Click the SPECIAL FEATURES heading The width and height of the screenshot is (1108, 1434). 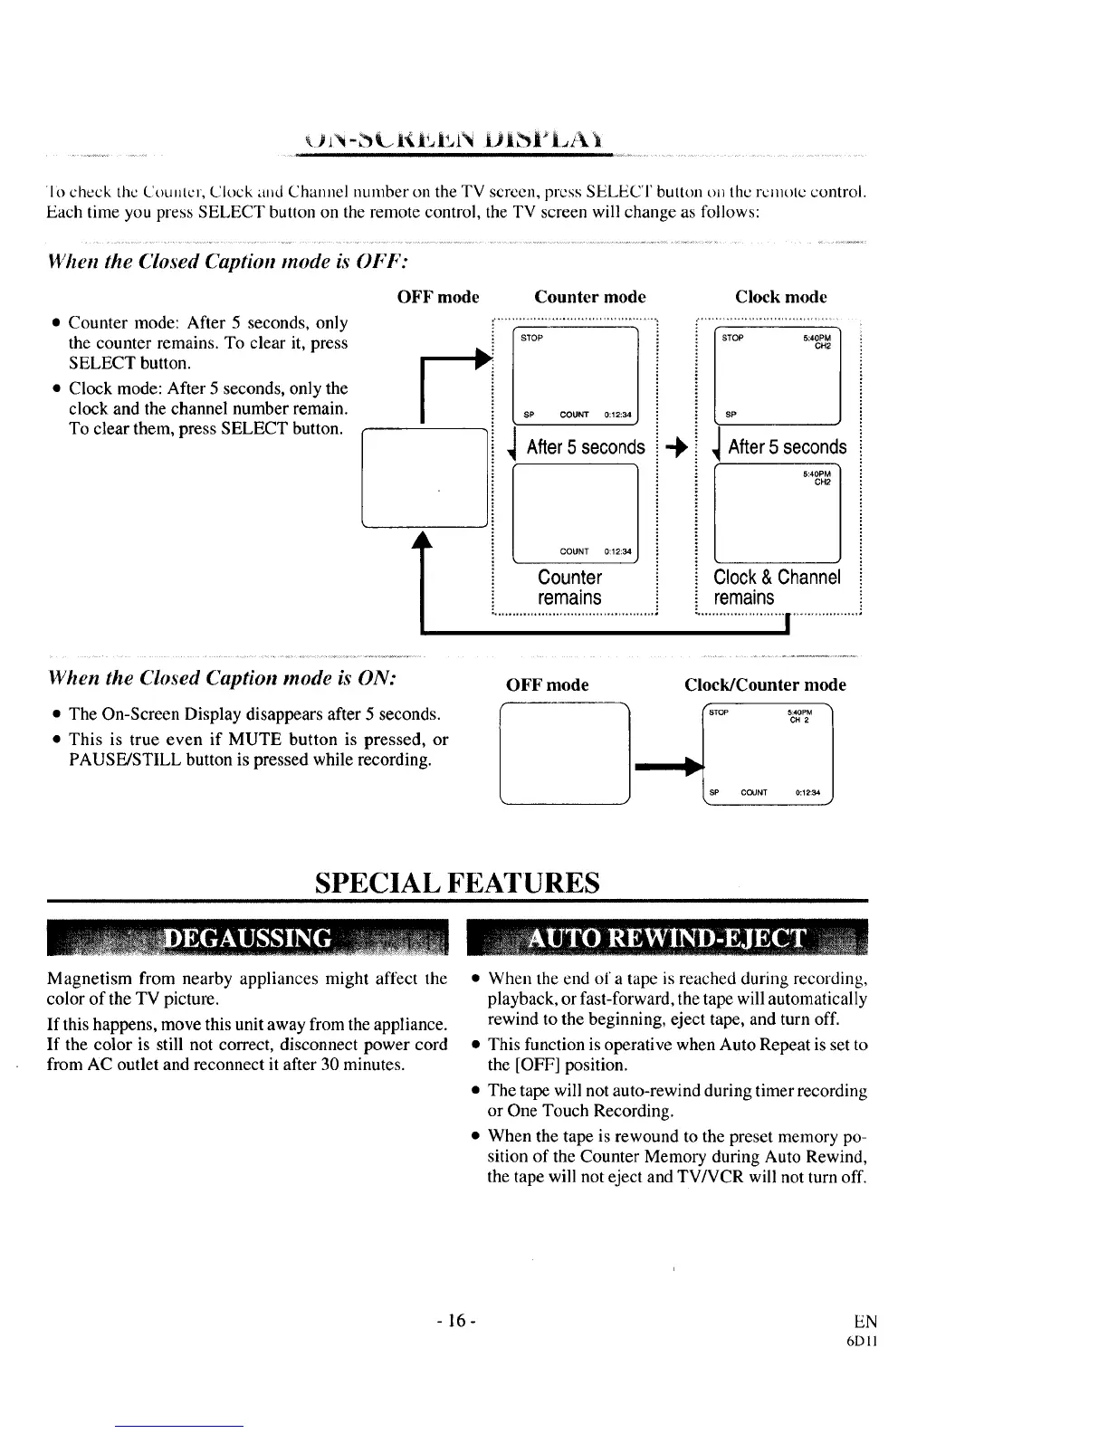point(457,882)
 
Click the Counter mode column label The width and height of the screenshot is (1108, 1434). point(590,297)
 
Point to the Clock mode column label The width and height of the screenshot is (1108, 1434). point(780,297)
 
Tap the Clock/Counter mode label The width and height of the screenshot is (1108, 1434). point(765,685)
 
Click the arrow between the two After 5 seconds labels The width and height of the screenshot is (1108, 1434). point(676,447)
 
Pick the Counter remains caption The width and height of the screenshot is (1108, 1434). point(569,588)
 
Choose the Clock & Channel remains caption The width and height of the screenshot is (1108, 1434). point(777,588)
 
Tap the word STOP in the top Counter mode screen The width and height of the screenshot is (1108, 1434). point(532,339)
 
